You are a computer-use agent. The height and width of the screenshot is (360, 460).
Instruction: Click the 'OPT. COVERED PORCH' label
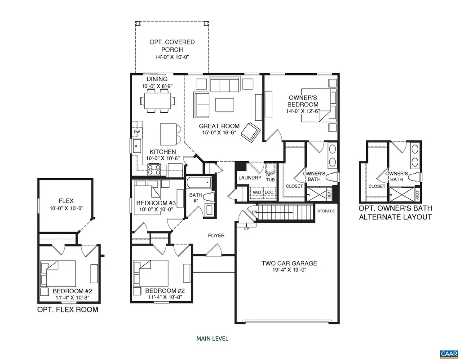[172, 46]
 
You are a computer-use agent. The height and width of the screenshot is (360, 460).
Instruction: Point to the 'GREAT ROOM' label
[219, 126]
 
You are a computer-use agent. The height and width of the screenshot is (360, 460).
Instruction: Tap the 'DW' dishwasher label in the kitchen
[137, 132]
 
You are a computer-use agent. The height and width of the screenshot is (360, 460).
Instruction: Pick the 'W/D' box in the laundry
[257, 192]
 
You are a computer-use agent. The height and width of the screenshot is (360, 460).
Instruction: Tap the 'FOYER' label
[216, 236]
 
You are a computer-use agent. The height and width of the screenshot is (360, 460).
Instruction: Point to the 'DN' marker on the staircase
[255, 212]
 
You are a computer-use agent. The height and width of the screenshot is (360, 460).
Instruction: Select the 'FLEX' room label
[66, 201]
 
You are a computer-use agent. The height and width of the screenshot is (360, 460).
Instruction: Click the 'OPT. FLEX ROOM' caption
[67, 310]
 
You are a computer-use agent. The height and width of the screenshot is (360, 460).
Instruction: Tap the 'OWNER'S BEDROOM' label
[303, 101]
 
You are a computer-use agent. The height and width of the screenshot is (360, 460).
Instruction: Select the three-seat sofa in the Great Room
[224, 84]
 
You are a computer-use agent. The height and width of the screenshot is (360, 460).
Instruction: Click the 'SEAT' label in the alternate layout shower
[418, 195]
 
